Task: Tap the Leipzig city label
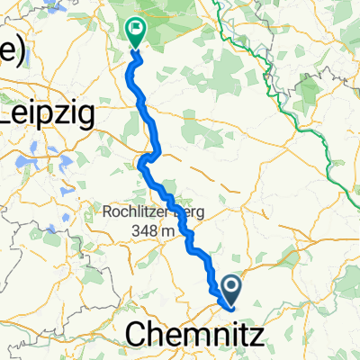click(42, 114)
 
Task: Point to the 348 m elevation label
click(151, 232)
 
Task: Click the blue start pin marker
click(232, 290)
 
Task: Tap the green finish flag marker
click(136, 33)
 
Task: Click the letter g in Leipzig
click(77, 117)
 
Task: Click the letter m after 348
click(168, 233)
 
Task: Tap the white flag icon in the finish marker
click(136, 29)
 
